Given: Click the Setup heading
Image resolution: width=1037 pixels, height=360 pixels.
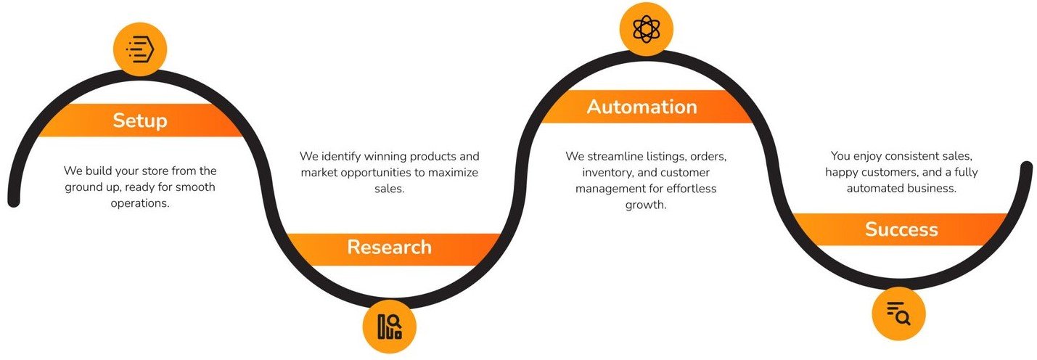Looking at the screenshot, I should pos(139,120).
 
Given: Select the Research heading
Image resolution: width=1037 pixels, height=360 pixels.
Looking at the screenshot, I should pos(389,247).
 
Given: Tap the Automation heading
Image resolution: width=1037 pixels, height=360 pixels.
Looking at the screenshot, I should pos(642,107).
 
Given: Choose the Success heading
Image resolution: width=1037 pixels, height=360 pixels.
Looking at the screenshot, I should pos(901,230).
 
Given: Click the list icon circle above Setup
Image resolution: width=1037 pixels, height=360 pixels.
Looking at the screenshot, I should pos(140,49).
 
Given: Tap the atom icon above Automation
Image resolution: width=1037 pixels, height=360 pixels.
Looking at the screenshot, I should pos(646,30).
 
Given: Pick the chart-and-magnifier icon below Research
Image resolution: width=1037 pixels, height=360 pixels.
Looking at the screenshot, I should pos(390,327).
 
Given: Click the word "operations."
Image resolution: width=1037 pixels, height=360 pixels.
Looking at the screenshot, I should pos(140,203).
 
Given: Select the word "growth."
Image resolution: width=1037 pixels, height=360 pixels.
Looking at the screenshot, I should pos(646,205).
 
